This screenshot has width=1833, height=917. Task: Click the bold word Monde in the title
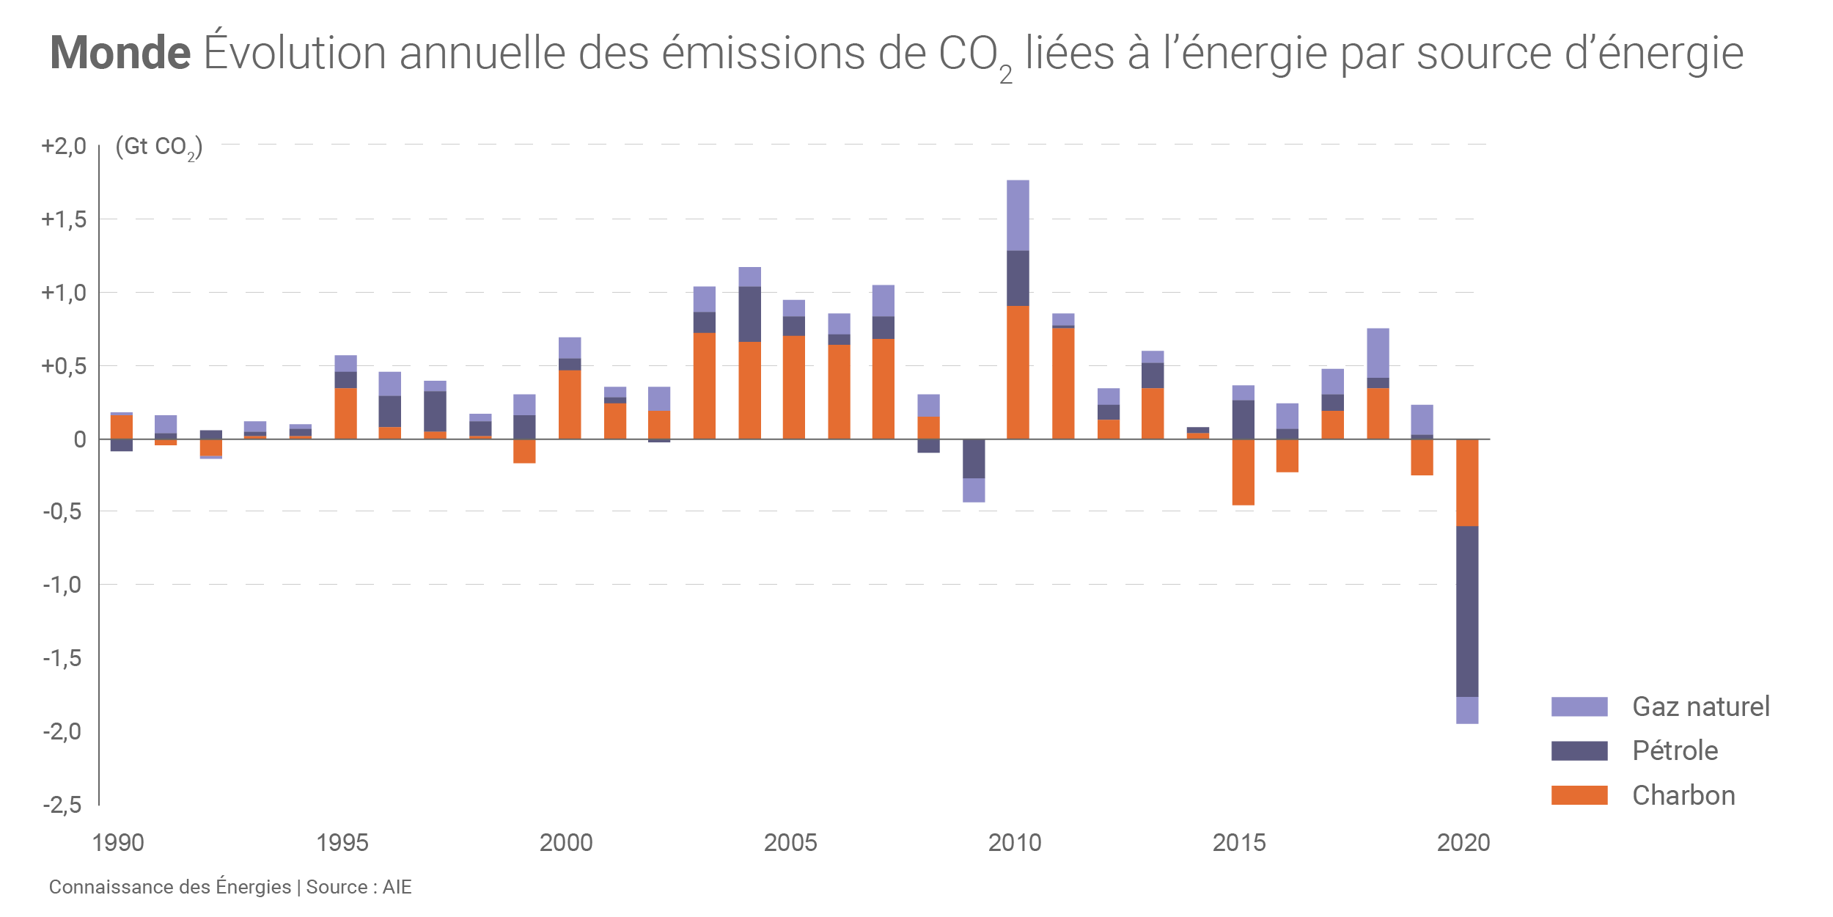(120, 54)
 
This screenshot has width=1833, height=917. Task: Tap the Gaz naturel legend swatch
(1579, 706)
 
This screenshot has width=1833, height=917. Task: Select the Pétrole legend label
(1675, 750)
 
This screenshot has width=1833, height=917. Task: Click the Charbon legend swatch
(1579, 795)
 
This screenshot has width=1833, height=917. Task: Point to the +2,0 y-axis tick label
(64, 146)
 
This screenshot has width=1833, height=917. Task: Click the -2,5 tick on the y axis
(62, 805)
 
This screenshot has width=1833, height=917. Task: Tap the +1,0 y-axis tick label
(64, 293)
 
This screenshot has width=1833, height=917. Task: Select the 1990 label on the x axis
(118, 842)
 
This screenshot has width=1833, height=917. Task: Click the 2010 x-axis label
(1015, 842)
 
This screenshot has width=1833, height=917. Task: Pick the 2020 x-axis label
(1463, 842)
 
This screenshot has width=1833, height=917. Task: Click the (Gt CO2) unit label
(158, 147)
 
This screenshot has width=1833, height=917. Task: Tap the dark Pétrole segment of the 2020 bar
(1467, 611)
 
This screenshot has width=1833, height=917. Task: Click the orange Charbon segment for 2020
(1467, 483)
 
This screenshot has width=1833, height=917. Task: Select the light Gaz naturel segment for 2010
(1018, 215)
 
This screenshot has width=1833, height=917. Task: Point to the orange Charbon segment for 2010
(1018, 372)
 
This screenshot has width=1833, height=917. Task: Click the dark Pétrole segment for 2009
(974, 458)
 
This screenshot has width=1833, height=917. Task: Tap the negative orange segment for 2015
(1244, 472)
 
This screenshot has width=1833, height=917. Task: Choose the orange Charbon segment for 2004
(749, 390)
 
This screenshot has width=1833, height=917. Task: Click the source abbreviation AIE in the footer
(397, 887)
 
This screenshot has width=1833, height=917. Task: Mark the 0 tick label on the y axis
(80, 439)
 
